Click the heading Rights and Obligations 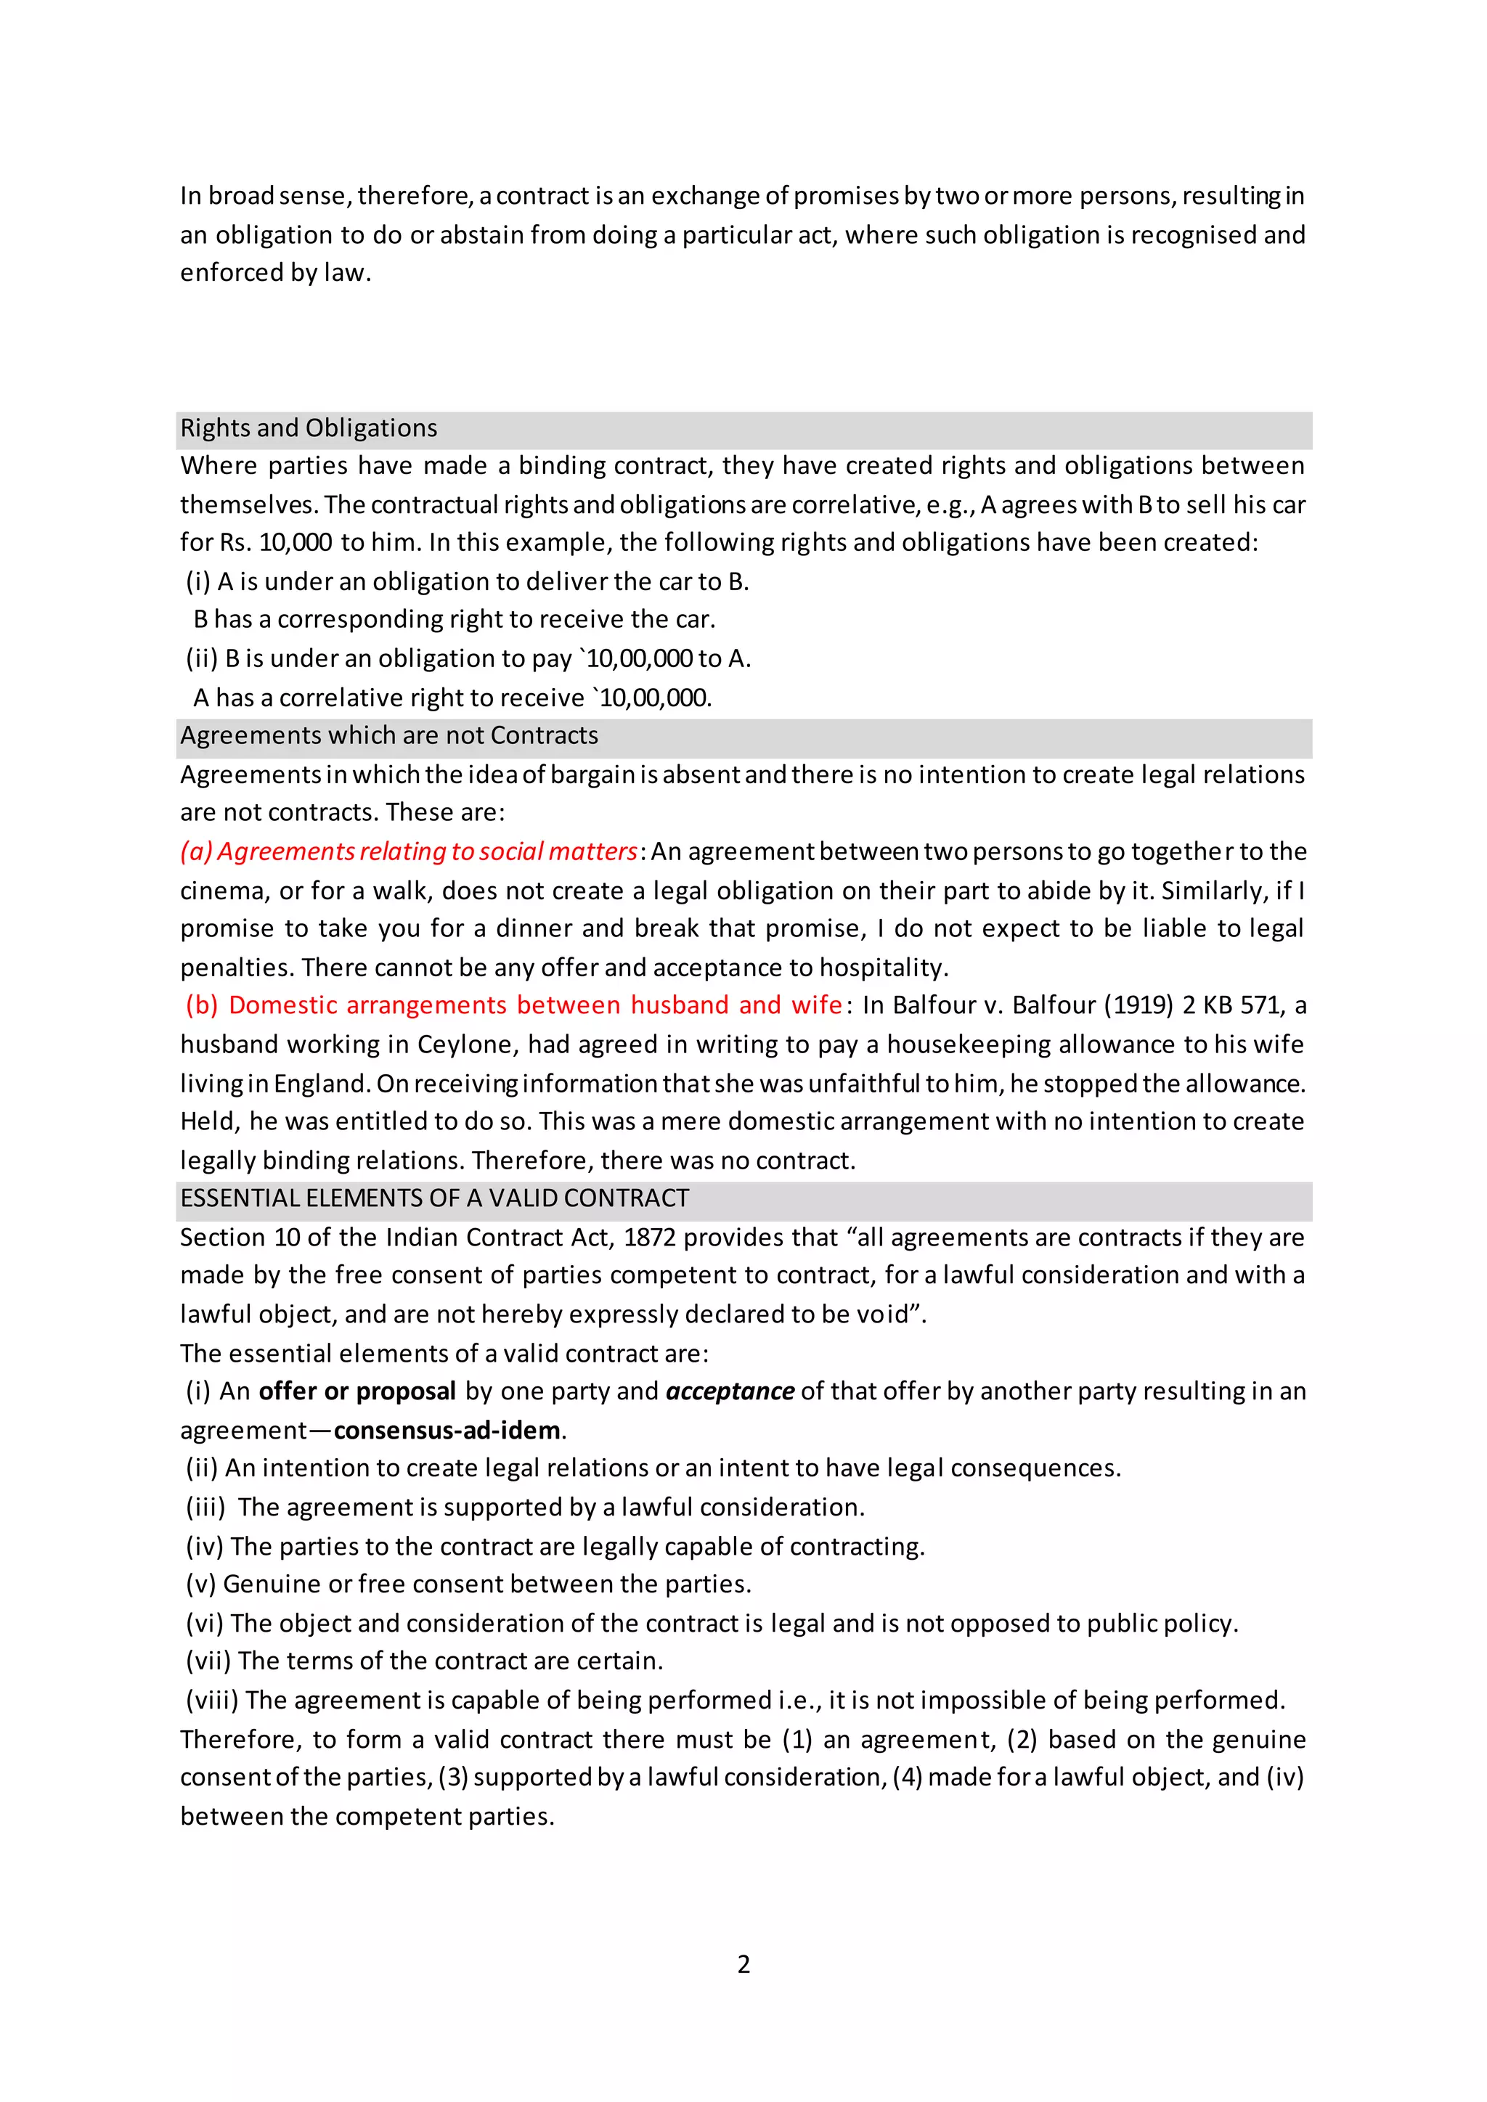[309, 428]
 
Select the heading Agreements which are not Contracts [389, 736]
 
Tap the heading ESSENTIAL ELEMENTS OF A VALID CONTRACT [434, 1198]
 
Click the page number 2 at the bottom [743, 1965]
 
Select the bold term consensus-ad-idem [447, 1431]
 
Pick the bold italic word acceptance [730, 1391]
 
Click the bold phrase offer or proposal [357, 1391]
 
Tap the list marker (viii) [213, 1700]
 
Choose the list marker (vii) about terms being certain [209, 1661]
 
